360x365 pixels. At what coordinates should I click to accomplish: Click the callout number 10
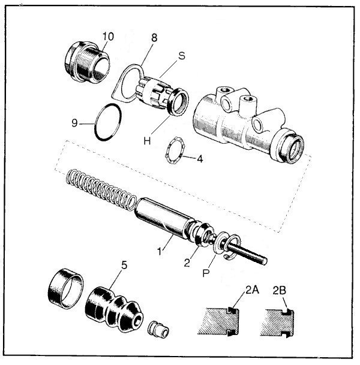(107, 37)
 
